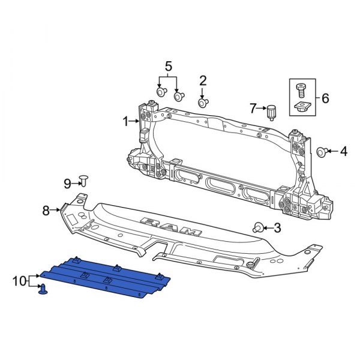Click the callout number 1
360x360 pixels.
click(x=126, y=122)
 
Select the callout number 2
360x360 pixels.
click(x=203, y=80)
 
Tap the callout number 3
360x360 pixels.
click(x=277, y=227)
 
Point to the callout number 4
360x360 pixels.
click(x=343, y=152)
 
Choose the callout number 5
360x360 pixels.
click(x=169, y=65)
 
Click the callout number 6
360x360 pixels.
click(x=325, y=98)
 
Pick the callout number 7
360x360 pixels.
click(x=254, y=108)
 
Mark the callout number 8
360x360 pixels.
click(x=46, y=210)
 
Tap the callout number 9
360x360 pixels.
click(x=68, y=183)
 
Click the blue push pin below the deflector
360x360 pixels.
click(x=44, y=291)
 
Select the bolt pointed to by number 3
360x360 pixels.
click(x=259, y=227)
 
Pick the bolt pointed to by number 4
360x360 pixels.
click(x=322, y=152)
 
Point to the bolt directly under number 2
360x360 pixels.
click(x=203, y=103)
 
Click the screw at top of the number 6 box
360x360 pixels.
click(x=302, y=91)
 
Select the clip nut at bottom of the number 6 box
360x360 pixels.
click(x=302, y=109)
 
